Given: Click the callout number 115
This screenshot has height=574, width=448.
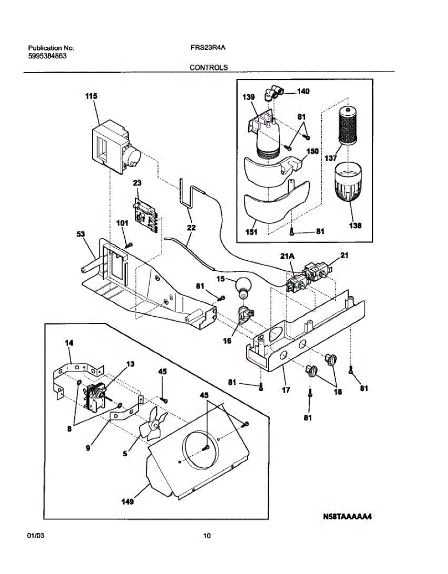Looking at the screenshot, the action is [x=91, y=96].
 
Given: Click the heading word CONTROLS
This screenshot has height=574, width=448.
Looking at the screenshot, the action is [x=208, y=67].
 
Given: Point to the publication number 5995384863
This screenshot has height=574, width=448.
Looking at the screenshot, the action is [x=47, y=56].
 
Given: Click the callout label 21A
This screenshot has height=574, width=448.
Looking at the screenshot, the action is [x=287, y=256].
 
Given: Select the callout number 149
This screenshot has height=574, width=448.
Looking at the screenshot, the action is [x=128, y=501].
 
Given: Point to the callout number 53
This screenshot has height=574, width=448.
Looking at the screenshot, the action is [x=81, y=234].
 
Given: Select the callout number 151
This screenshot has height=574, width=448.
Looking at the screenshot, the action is [x=251, y=232].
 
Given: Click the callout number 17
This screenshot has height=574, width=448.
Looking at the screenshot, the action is [x=286, y=390].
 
